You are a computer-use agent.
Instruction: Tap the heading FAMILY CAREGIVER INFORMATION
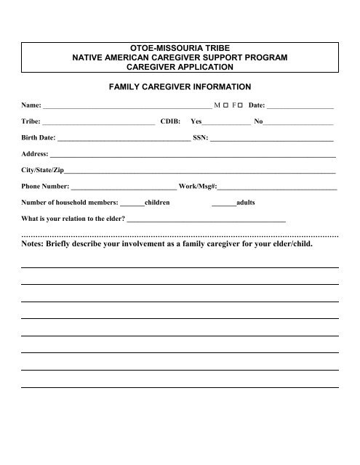point(179,86)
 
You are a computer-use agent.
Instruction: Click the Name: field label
point(32,106)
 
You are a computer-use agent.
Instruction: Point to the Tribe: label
point(32,123)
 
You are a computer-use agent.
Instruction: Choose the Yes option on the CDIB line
point(196,123)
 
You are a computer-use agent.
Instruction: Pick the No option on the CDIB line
point(258,123)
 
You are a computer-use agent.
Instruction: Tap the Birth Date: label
point(39,139)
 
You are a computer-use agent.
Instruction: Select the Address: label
point(36,155)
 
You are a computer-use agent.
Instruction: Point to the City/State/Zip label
point(43,171)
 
